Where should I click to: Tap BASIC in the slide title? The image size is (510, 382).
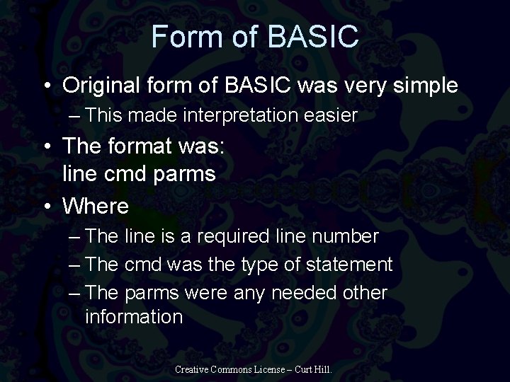pos(313,37)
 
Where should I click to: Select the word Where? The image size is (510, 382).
pos(96,207)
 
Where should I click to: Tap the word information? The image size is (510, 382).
pos(134,316)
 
